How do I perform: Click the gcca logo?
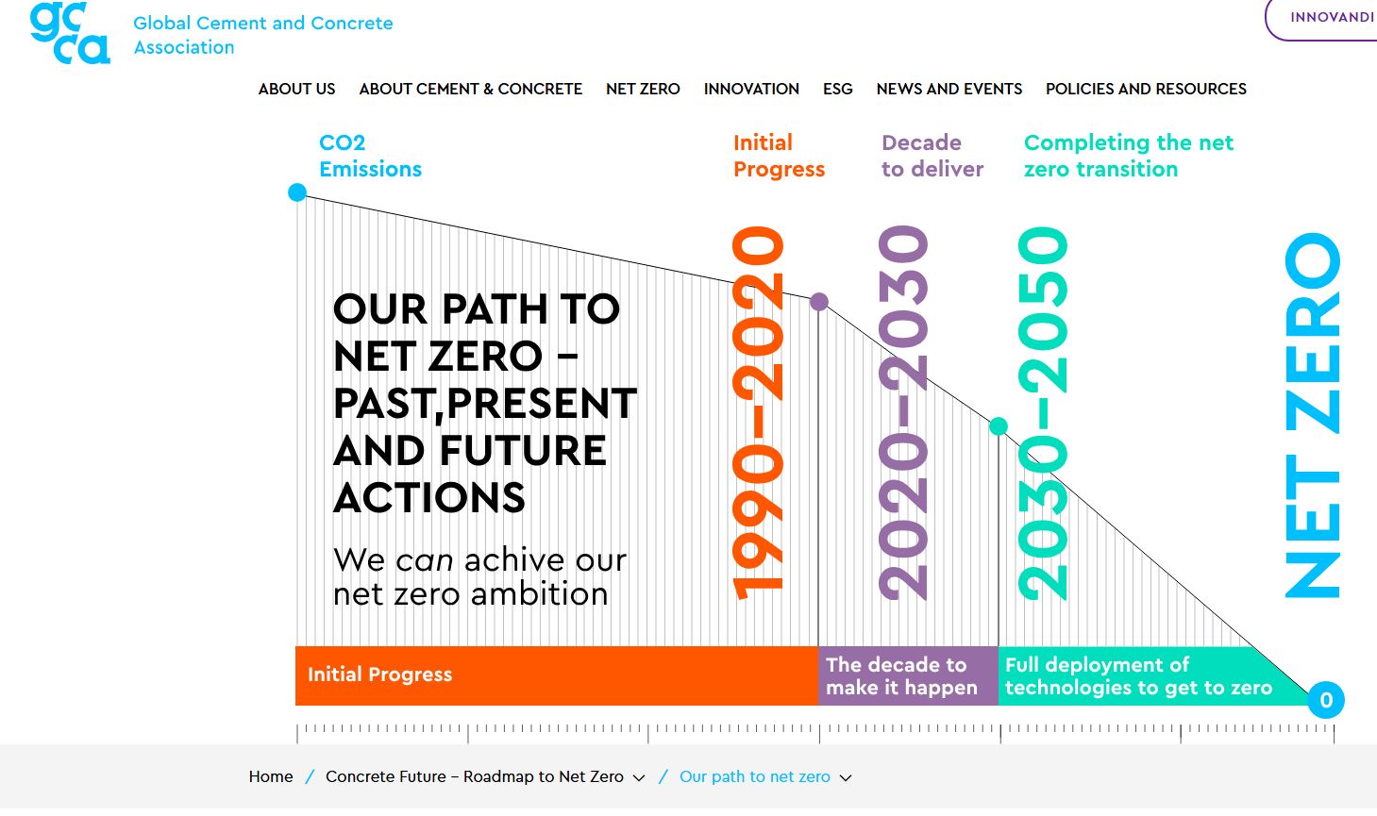click(70, 33)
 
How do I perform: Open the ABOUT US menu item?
click(297, 89)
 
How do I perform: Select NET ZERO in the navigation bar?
click(643, 89)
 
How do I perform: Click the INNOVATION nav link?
click(751, 89)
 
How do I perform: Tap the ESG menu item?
click(838, 89)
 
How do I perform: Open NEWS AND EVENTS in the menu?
click(949, 89)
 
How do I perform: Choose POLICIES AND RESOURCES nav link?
click(1146, 89)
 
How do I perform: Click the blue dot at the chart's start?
click(297, 192)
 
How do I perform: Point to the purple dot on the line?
click(819, 302)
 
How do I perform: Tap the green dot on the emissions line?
click(999, 425)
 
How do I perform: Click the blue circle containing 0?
click(1326, 700)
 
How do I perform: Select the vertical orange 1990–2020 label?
click(758, 413)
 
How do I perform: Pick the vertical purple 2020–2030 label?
click(903, 413)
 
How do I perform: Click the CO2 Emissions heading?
click(370, 156)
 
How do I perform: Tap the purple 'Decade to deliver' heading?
click(932, 156)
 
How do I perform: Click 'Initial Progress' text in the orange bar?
click(380, 674)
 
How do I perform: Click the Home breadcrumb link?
click(271, 776)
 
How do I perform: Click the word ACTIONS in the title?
click(429, 497)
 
